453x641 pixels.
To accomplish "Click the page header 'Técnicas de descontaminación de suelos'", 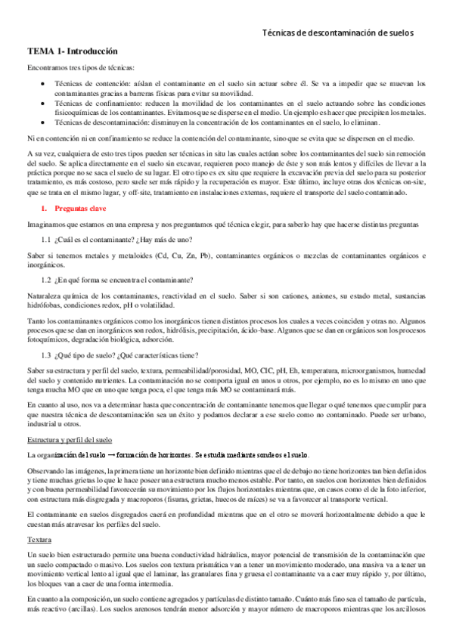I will (x=337, y=33).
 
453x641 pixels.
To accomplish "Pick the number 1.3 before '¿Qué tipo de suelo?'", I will (x=46, y=334).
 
